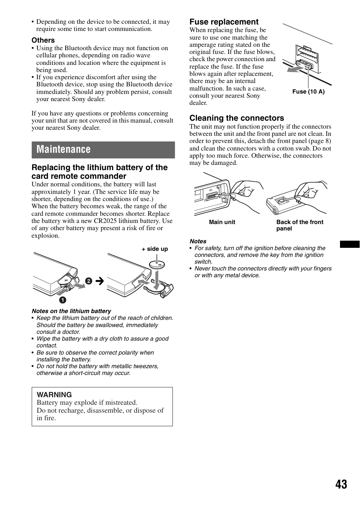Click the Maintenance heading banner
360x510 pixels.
tap(103, 149)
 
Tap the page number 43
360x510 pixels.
tap(341, 484)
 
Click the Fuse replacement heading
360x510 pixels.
tap(224, 22)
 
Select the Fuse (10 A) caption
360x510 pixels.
tap(308, 92)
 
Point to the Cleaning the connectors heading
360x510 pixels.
tap(237, 118)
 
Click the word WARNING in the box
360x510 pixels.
tap(54, 395)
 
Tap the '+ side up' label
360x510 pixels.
tap(155, 249)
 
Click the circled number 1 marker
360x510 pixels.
tap(62, 300)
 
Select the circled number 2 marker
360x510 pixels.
tap(88, 281)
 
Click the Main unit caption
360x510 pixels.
tap(222, 222)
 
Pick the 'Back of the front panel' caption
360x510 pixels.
tap(300, 225)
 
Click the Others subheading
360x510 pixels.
tap(43, 40)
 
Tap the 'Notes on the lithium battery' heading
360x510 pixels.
tap(71, 311)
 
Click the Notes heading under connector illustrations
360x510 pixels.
tap(198, 241)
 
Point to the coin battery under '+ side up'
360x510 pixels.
tap(158, 264)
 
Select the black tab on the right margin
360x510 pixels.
tap(349, 244)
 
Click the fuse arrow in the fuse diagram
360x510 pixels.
tap(295, 69)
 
